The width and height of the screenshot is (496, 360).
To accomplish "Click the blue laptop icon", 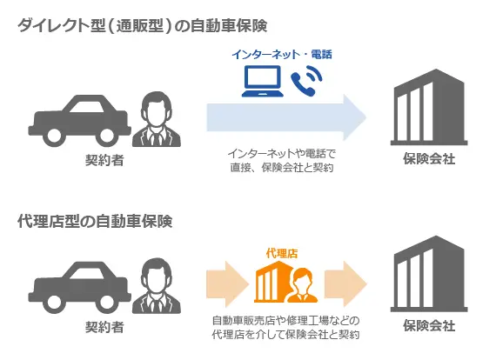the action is coord(263,81).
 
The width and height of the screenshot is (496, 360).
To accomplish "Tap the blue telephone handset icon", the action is coord(306,81).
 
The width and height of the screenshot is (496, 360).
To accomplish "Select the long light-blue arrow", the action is coord(286,117).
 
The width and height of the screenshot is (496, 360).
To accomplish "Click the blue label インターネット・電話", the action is coord(282,55).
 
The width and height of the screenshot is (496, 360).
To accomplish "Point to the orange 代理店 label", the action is coord(282,253).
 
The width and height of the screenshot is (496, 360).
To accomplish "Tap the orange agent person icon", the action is coord(303,285).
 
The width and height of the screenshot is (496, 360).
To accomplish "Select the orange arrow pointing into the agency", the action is coord(227,283).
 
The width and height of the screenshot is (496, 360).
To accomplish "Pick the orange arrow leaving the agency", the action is coord(345,283).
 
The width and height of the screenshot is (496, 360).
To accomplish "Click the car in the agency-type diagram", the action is coord(80,287).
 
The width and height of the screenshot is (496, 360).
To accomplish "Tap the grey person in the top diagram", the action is coord(157,119).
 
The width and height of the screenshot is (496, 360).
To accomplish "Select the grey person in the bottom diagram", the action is coord(157,286).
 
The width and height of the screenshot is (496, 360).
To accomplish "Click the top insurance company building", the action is coord(429,107).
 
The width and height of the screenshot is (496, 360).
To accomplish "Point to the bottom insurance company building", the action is coord(429,274).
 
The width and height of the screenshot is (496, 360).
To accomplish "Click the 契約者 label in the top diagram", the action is coord(104,160).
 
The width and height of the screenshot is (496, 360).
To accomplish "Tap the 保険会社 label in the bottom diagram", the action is coord(429,325).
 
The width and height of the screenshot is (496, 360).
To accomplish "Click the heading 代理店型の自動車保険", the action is coord(95,221).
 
